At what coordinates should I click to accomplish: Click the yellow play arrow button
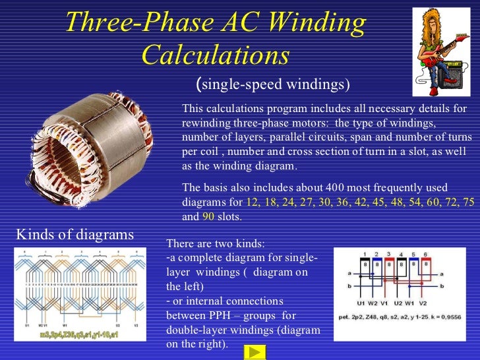tap(258, 351)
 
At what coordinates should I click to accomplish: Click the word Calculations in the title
tap(216, 55)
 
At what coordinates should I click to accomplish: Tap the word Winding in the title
tap(313, 24)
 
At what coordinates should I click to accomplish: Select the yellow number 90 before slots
tap(208, 216)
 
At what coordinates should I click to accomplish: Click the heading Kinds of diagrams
tap(75, 234)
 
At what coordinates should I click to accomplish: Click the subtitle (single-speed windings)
tap(273, 84)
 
